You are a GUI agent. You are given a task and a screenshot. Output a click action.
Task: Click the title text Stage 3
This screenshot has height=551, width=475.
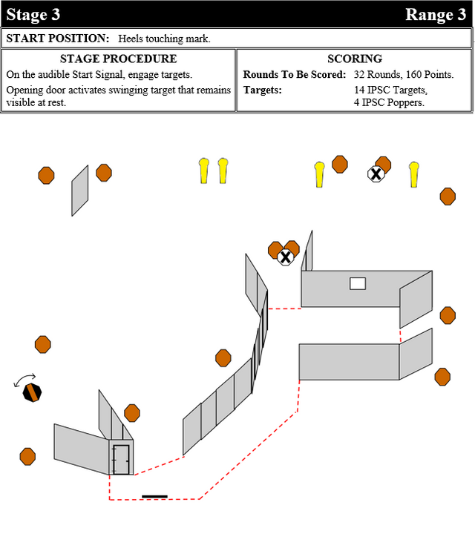[x=33, y=14]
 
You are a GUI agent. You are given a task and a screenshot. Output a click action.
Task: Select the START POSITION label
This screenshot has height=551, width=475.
[x=57, y=39]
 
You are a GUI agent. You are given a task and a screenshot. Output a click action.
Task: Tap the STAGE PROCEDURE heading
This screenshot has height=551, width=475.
[x=119, y=59]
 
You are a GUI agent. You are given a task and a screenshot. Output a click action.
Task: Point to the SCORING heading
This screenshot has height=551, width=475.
[x=355, y=59]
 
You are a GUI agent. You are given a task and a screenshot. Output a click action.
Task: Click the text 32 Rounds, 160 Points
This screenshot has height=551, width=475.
[x=404, y=74]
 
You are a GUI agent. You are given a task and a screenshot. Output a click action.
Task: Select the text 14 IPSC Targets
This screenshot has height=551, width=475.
[x=390, y=90]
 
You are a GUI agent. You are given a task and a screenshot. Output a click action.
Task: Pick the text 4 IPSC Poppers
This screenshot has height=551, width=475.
[x=389, y=102]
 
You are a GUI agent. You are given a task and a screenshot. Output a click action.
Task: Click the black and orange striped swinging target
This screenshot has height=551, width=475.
[x=32, y=392]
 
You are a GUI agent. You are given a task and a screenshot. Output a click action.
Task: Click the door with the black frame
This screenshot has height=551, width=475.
[x=120, y=459]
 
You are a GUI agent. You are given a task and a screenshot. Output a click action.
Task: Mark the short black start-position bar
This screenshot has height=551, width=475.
[x=154, y=496]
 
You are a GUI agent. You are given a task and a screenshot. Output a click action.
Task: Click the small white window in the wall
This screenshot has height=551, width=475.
[x=358, y=283]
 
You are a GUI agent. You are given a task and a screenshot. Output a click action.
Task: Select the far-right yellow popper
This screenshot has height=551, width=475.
[x=414, y=174]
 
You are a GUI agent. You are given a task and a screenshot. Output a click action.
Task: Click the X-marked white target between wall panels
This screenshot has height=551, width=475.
[x=285, y=257]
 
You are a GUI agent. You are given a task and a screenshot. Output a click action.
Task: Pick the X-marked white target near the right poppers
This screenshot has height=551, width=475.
[x=376, y=174]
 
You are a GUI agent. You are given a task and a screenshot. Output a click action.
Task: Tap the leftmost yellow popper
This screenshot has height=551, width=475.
[x=204, y=171]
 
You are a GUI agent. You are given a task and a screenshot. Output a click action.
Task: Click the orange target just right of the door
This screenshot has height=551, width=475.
[x=132, y=412]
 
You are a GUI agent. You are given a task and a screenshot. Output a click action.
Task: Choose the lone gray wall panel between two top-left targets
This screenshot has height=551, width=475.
[x=80, y=191]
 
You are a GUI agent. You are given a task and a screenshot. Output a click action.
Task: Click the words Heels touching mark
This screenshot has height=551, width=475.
[x=165, y=39]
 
